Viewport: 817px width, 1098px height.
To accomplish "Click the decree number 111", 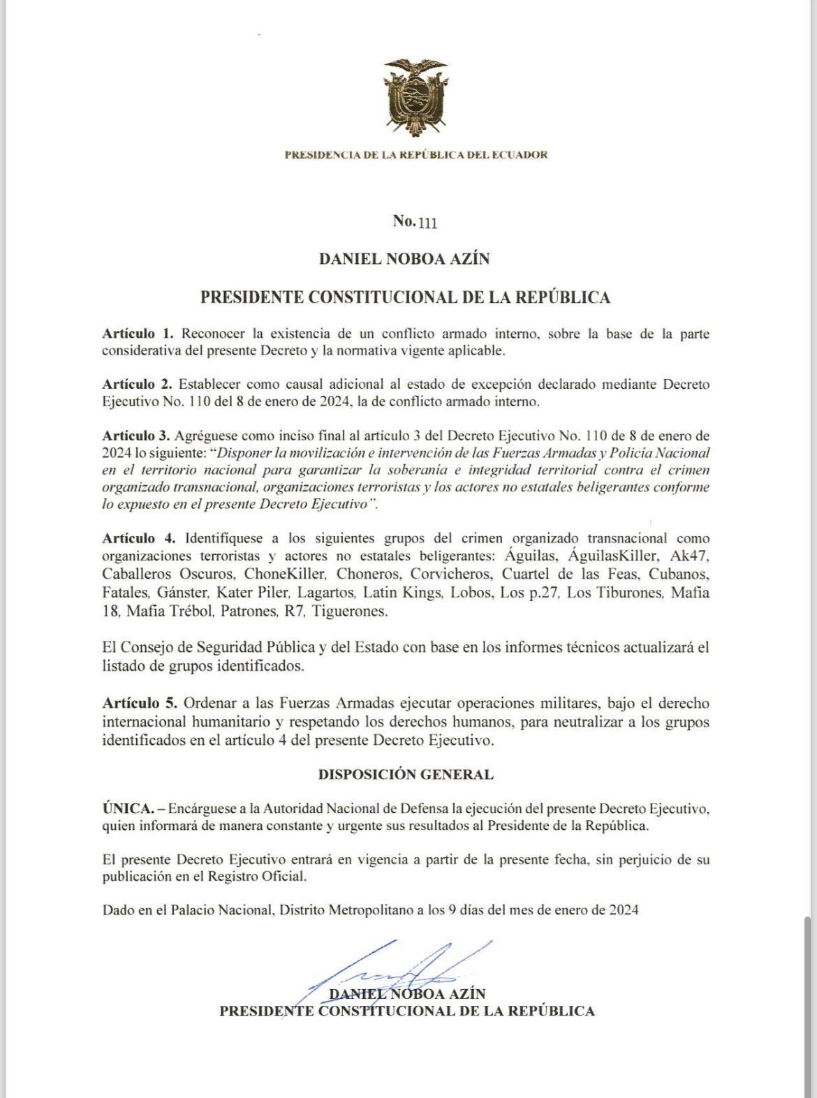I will click(427, 223).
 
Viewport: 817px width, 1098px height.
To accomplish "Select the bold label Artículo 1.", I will click(138, 334).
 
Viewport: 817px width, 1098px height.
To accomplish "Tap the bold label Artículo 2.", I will click(138, 384).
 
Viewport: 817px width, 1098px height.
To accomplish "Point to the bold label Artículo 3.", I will click(138, 436).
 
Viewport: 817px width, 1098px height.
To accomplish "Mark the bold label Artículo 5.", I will click(139, 703).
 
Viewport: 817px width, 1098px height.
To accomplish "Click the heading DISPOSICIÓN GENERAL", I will click(406, 774).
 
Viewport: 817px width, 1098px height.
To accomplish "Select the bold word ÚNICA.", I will click(128, 808).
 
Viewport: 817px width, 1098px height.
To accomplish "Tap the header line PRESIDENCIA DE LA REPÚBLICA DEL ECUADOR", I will click(415, 155).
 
